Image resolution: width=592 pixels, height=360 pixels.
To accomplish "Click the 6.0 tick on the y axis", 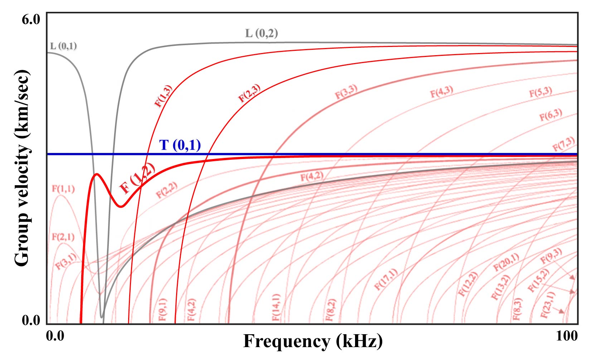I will pyautogui.click(x=31, y=20).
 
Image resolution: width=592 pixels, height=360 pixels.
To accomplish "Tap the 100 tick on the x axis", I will pyautogui.click(x=567, y=336).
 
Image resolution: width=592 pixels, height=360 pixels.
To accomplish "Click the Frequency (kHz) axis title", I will pyautogui.click(x=313, y=341).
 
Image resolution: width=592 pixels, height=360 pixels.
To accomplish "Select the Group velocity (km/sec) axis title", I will pyautogui.click(x=22, y=168).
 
